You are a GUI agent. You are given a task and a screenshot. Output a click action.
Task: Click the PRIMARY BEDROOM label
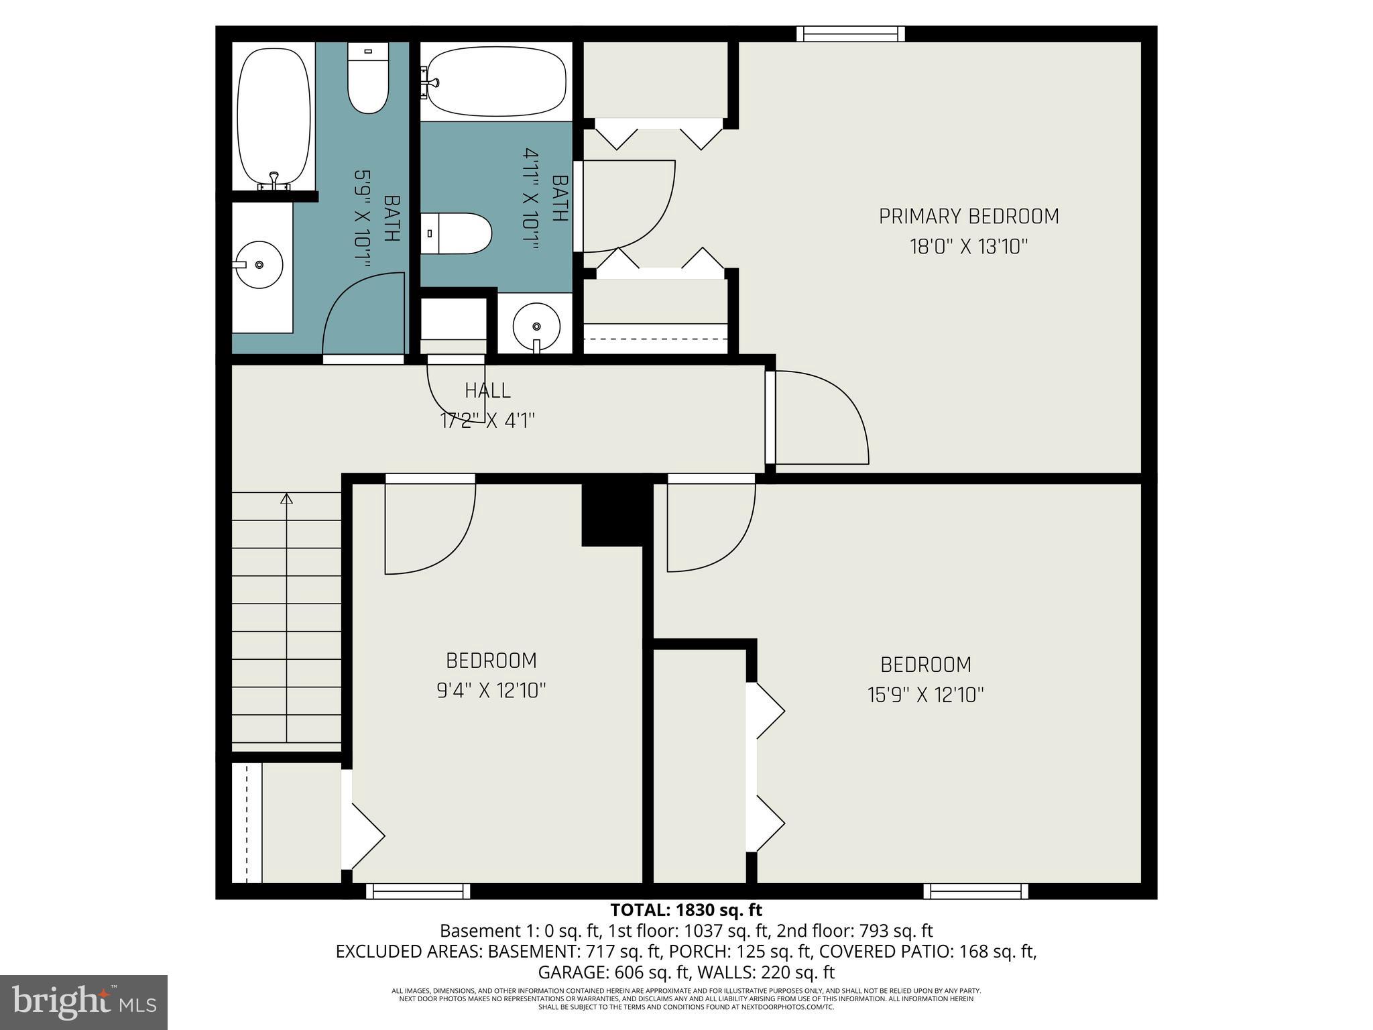click(969, 217)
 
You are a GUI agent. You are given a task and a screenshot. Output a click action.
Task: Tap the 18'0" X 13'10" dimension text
click(969, 247)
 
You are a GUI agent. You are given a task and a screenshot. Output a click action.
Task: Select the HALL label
click(487, 390)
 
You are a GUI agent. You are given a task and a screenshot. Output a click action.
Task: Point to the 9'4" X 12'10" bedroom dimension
click(491, 691)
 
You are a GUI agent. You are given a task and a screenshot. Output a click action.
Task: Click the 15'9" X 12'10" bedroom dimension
click(926, 695)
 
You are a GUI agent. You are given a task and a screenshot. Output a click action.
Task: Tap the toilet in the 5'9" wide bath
click(368, 79)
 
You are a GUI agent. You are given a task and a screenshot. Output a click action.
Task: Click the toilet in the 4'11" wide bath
click(458, 233)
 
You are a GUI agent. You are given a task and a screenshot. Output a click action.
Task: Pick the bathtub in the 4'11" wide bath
click(497, 82)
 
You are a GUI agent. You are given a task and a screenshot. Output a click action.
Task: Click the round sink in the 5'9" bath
click(260, 265)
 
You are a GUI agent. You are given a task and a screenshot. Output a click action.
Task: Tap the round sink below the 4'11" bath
click(536, 327)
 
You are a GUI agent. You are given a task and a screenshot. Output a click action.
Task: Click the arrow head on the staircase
click(287, 498)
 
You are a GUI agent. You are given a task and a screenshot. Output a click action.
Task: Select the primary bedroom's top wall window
click(850, 34)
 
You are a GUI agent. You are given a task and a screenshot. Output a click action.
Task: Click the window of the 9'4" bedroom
click(418, 891)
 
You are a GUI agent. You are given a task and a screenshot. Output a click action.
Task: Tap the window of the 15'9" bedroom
click(975, 891)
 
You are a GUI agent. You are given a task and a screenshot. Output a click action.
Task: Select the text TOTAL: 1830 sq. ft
click(686, 910)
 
